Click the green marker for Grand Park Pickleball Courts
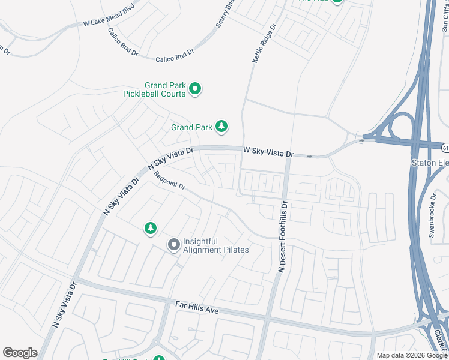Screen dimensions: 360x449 [194, 89]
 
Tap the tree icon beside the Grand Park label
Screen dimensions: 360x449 [222, 126]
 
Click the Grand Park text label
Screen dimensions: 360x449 [191, 127]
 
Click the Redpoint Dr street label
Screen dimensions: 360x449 [170, 181]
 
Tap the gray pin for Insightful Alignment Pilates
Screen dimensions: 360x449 [173, 244]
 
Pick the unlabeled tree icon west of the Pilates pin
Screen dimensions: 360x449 [150, 228]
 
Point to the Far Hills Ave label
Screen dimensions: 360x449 [196, 308]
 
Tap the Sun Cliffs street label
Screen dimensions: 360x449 [444, 15]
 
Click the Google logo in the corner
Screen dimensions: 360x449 [20, 353]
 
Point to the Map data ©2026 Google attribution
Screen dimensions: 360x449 [411, 355]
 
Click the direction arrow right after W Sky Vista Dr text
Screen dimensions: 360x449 [309, 156]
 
